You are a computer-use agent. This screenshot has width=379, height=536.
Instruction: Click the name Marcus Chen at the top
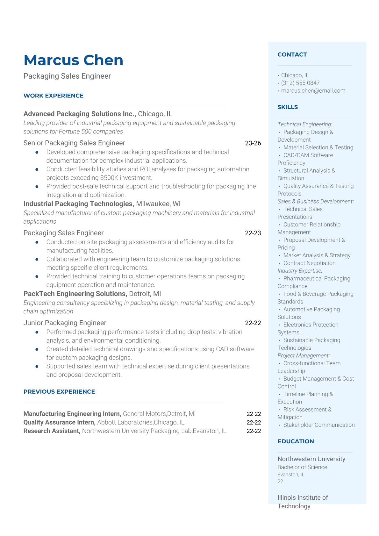click(73, 60)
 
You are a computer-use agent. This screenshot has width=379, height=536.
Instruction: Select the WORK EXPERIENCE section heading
click(54, 96)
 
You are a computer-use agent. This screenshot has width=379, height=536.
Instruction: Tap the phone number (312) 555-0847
click(300, 83)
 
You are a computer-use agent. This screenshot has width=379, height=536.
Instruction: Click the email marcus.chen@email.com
click(313, 91)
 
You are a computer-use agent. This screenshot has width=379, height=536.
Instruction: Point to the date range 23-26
click(253, 143)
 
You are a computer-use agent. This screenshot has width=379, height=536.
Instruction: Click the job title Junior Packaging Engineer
click(65, 323)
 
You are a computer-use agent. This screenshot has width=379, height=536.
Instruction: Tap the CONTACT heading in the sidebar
click(292, 54)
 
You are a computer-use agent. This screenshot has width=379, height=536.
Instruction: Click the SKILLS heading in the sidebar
click(288, 107)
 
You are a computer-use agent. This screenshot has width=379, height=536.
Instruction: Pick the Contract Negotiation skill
click(309, 263)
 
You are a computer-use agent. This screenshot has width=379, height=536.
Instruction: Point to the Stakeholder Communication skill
click(319, 425)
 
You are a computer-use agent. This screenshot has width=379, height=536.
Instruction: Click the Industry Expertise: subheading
click(300, 271)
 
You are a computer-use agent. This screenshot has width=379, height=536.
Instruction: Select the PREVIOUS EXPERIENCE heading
click(59, 392)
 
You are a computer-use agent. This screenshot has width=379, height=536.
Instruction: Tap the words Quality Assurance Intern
click(59, 422)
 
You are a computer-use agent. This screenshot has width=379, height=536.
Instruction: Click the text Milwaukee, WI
click(158, 204)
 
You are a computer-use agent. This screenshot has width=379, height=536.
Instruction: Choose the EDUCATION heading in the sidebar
click(296, 441)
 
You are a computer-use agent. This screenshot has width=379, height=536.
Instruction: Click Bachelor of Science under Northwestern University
click(302, 467)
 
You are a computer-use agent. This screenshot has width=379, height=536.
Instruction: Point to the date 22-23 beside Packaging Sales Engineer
click(253, 233)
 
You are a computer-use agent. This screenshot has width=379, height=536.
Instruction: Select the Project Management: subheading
click(304, 355)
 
